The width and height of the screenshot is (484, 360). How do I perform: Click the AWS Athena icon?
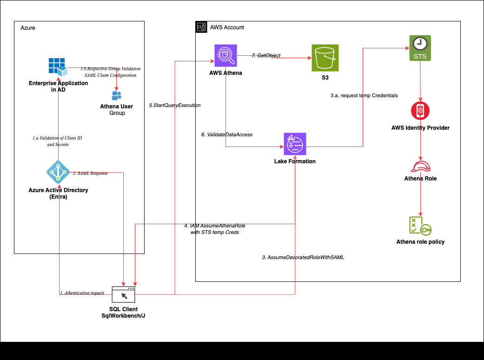(x=225, y=56)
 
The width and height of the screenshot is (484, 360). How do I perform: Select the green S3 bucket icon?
(x=325, y=58)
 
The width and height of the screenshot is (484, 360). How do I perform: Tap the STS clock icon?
(x=421, y=47)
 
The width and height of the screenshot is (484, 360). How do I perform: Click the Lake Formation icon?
(x=295, y=144)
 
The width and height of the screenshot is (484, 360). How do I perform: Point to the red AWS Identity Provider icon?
(x=420, y=111)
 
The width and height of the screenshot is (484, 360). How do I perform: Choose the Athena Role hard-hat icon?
(x=421, y=166)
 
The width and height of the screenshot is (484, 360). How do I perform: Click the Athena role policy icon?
(x=420, y=226)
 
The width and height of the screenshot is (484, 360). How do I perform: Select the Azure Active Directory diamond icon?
(x=58, y=173)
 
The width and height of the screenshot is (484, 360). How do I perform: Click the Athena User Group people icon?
(x=116, y=95)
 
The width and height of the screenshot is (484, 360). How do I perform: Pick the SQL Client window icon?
(x=124, y=295)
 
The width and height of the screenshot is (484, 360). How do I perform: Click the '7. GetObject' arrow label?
(x=266, y=55)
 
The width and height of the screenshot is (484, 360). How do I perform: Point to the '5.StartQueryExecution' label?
(x=175, y=105)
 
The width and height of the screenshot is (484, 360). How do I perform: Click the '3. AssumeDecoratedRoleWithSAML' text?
(x=303, y=257)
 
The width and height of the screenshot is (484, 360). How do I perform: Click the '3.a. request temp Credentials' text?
(x=361, y=95)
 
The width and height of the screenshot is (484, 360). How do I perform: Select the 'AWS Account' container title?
(x=227, y=27)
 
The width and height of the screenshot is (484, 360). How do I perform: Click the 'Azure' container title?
(x=28, y=28)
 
